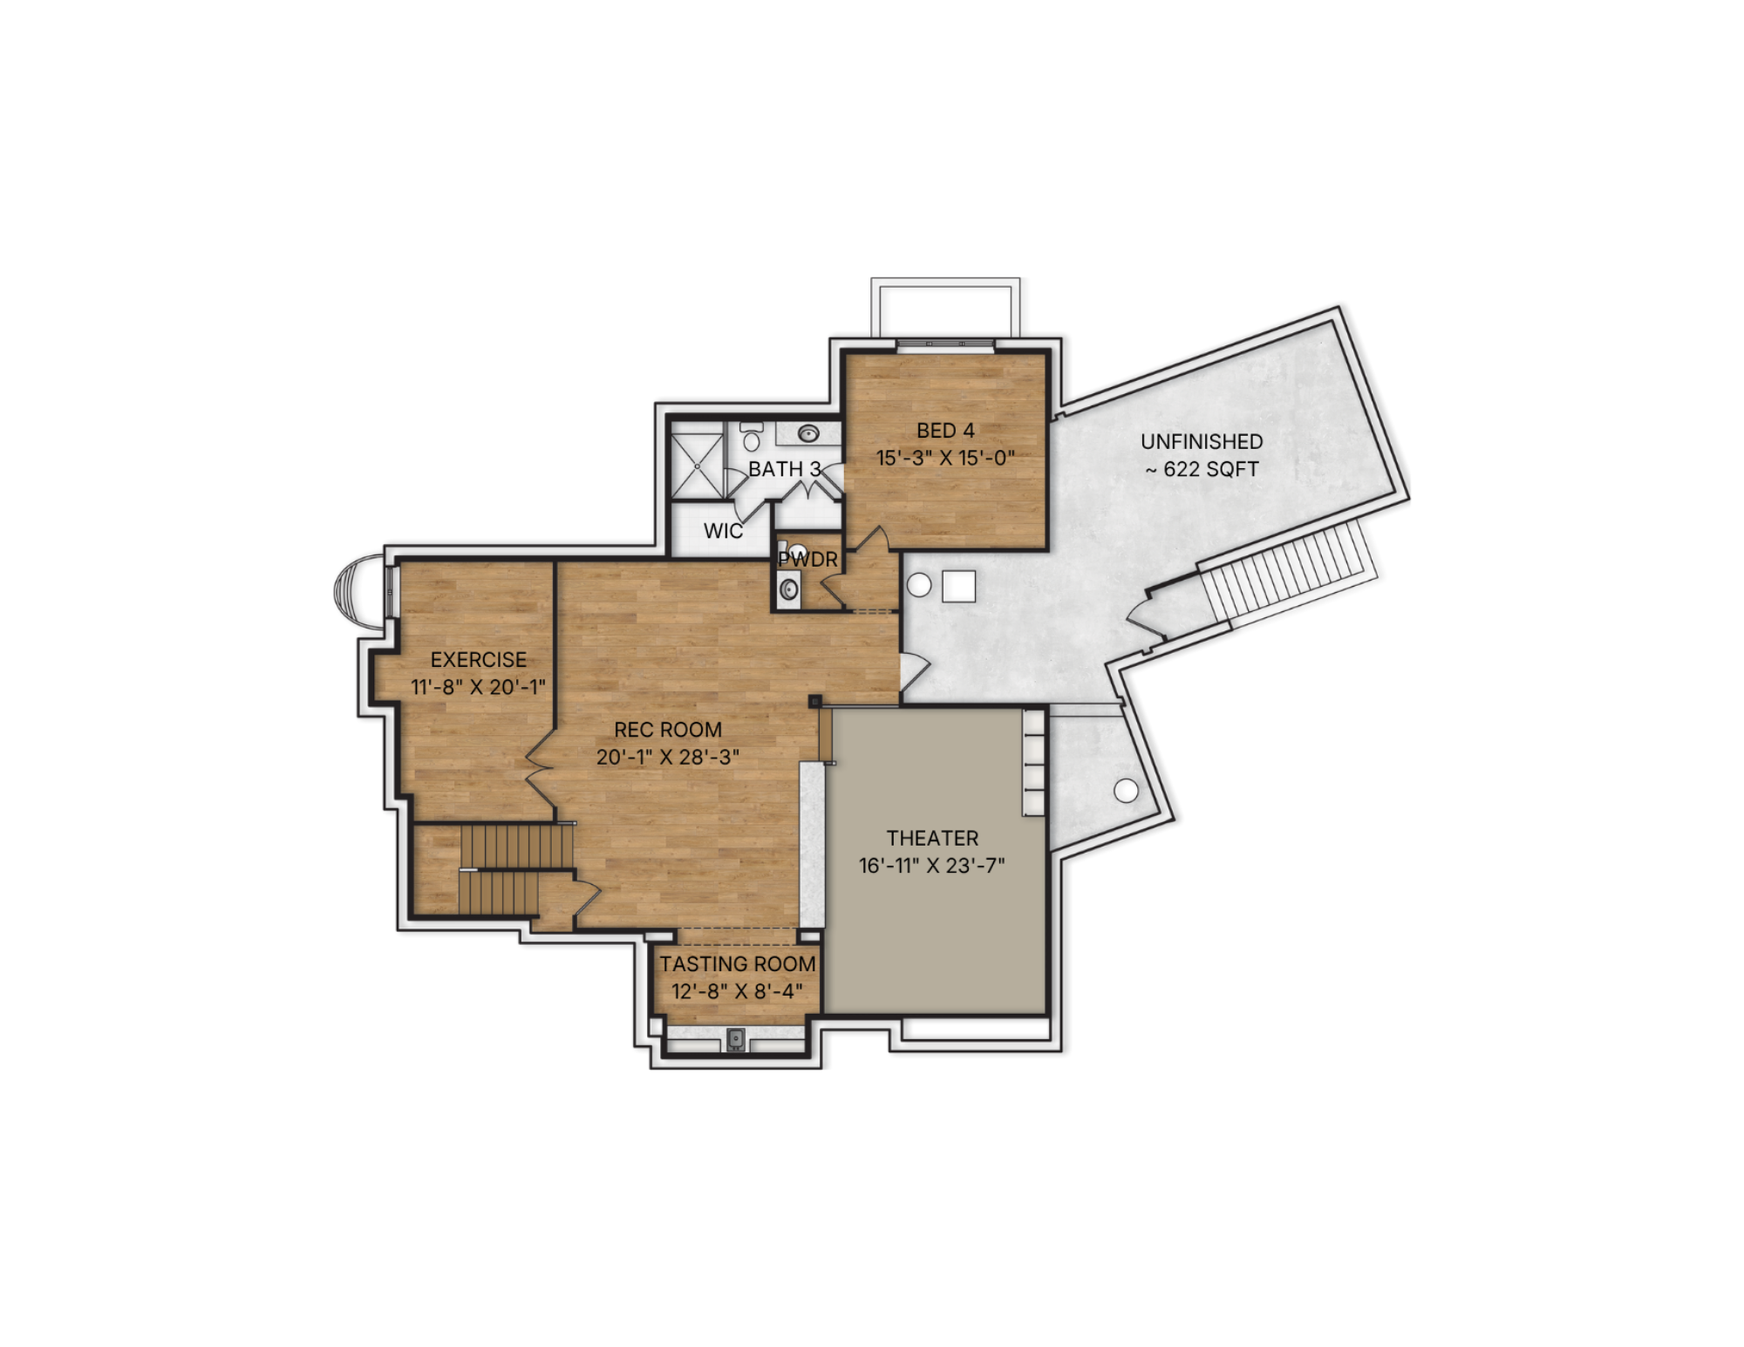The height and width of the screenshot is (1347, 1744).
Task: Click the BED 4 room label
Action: click(x=945, y=431)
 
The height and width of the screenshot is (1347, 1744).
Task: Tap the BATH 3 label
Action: click(x=785, y=469)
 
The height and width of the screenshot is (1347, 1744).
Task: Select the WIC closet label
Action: click(x=723, y=531)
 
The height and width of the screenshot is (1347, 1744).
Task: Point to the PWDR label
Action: click(x=808, y=560)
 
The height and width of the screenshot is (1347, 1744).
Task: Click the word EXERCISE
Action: click(x=479, y=660)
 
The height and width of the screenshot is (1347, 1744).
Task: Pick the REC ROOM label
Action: click(x=668, y=730)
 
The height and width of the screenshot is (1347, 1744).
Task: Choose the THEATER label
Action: click(x=932, y=838)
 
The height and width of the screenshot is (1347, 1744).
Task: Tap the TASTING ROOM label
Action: click(x=738, y=964)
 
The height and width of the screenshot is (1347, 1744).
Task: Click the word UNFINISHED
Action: click(x=1202, y=442)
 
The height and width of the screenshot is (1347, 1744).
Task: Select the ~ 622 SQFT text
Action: click(x=1202, y=469)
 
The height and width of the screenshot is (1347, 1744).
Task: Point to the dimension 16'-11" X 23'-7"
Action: click(x=932, y=866)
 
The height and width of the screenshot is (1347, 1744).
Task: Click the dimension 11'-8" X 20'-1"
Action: click(x=479, y=687)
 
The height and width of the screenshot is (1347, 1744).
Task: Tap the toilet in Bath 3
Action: click(x=752, y=438)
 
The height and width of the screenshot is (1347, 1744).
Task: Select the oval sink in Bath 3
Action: click(x=808, y=432)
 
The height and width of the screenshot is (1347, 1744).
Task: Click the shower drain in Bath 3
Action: click(x=698, y=466)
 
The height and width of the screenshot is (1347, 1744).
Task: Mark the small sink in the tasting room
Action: click(x=736, y=1038)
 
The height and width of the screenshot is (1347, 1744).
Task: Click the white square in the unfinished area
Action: click(x=958, y=586)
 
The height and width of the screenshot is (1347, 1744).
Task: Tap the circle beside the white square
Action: click(x=919, y=585)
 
